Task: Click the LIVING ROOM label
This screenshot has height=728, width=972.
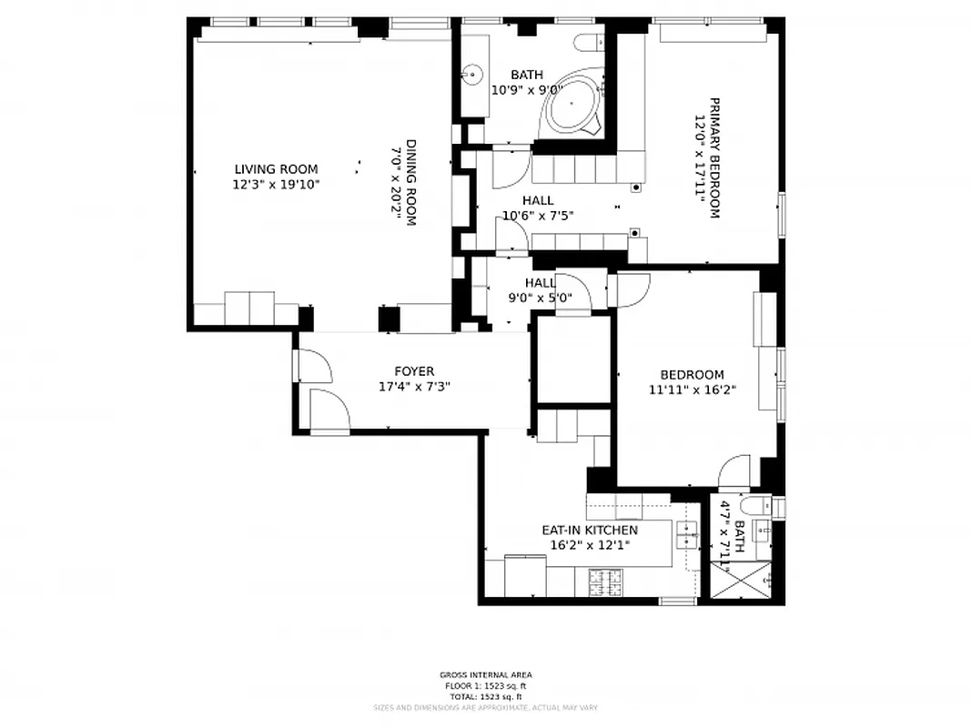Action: (276, 168)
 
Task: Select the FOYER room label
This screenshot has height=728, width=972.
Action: (414, 371)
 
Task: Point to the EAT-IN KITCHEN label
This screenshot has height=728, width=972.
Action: (590, 530)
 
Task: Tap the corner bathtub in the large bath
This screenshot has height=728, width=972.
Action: (571, 106)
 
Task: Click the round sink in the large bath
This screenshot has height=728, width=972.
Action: (471, 74)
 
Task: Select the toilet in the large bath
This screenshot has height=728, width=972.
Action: (592, 40)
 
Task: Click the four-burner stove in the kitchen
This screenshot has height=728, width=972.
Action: (603, 581)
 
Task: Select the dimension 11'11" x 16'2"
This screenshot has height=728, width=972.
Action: (692, 389)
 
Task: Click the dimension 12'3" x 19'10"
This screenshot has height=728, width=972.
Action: (276, 184)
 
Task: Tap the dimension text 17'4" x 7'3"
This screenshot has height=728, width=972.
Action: (414, 387)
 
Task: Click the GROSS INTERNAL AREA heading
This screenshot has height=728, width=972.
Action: (485, 675)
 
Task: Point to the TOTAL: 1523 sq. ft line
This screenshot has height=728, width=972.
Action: (485, 696)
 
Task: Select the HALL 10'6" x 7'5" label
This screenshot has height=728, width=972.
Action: (537, 208)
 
